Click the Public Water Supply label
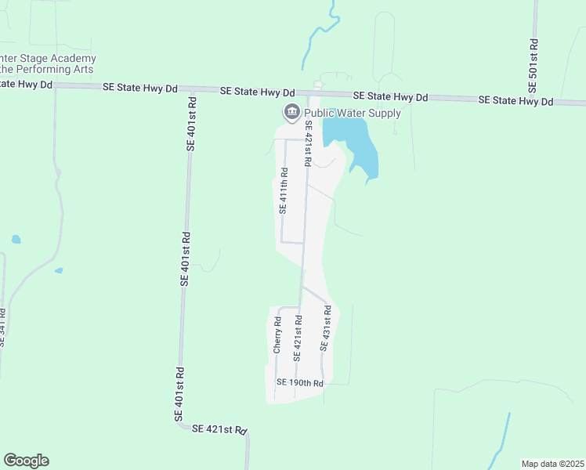(x=352, y=114)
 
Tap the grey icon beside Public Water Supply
(x=292, y=113)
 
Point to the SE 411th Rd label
(x=284, y=191)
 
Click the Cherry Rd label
(x=277, y=335)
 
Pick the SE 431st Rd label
(x=325, y=327)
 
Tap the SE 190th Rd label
(x=300, y=383)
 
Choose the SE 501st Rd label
(x=534, y=63)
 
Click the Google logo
(x=26, y=461)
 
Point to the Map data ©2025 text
(x=552, y=463)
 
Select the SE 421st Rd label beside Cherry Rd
(x=298, y=338)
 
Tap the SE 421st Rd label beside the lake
(x=309, y=143)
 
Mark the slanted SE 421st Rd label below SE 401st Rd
(x=219, y=429)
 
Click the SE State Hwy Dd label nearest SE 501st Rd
(x=515, y=101)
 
